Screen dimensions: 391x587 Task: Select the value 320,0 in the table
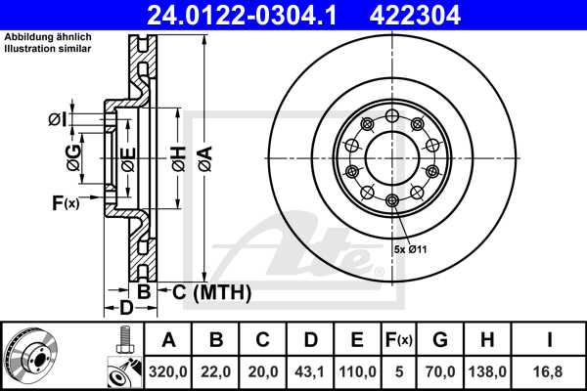[x=169, y=370]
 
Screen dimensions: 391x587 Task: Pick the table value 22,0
[x=217, y=370]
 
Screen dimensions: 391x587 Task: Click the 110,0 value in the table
[x=358, y=370]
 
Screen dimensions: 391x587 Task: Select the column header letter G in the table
[x=440, y=340]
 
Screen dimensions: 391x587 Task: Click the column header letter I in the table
[x=550, y=340]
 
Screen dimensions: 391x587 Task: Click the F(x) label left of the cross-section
[x=66, y=203]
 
